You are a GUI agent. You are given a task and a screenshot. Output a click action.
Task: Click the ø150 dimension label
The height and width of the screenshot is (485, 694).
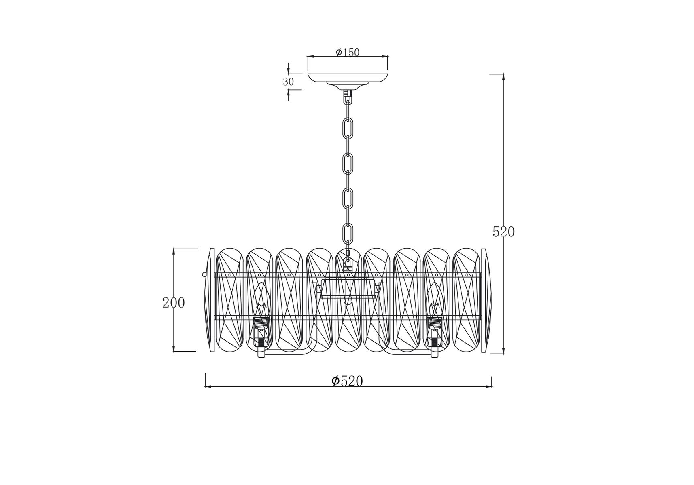(348, 52)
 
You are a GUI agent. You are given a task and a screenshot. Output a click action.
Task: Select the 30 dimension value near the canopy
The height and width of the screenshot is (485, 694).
(288, 82)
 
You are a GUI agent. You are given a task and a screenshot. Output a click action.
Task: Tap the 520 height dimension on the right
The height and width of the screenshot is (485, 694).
(503, 232)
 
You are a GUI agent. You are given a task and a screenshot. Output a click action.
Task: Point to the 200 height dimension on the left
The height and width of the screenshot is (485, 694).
(174, 302)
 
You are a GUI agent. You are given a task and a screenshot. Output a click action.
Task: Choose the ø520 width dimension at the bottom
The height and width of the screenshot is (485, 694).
(347, 381)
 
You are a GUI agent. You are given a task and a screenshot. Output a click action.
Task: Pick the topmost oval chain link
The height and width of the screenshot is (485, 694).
(348, 127)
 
